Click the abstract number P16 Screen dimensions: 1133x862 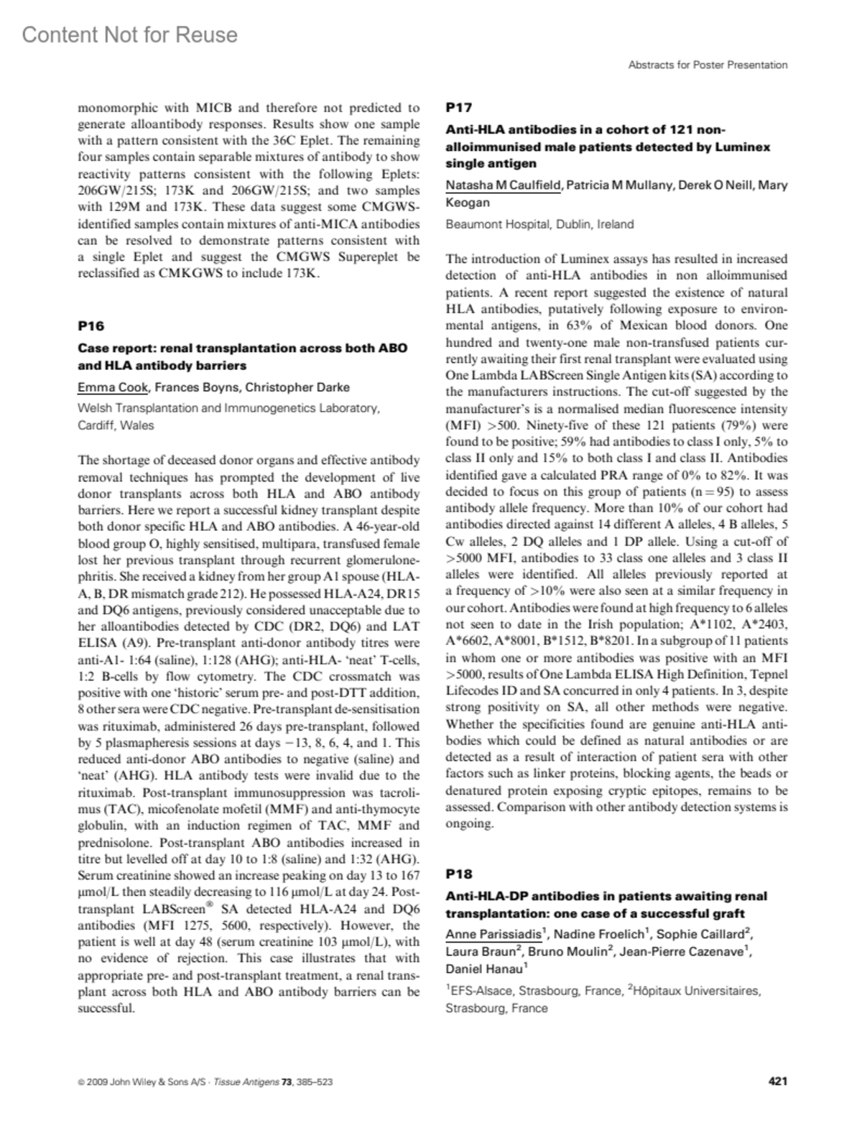pyautogui.click(x=91, y=325)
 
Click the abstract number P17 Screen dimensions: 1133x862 pyautogui.click(x=459, y=108)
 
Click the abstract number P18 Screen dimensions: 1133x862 pyautogui.click(x=459, y=874)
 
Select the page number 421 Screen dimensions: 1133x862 pyautogui.click(x=777, y=1081)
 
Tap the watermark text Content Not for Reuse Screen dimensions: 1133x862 pyautogui.click(x=129, y=34)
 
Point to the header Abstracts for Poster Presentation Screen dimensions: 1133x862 pyautogui.click(x=708, y=65)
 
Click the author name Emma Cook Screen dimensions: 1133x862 pyautogui.click(x=113, y=387)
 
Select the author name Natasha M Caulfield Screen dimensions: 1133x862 pyautogui.click(x=502, y=185)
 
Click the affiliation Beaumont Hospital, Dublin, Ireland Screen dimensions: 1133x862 pyautogui.click(x=539, y=224)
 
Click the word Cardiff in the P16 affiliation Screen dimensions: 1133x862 pyautogui.click(x=96, y=425)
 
